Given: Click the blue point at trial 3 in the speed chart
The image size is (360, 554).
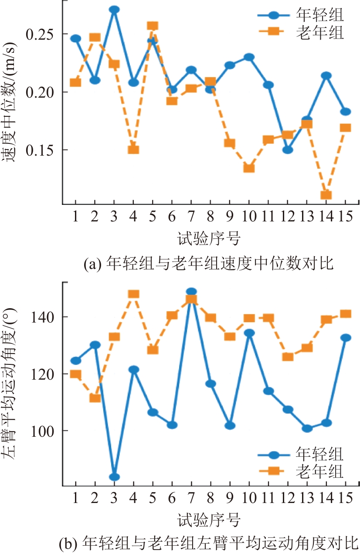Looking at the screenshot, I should pos(114,10).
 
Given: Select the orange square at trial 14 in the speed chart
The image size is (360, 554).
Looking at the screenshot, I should pos(326,195).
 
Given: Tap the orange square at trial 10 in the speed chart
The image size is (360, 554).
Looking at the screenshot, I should pos(249,168).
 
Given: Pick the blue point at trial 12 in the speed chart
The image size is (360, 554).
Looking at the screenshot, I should pos(288,150).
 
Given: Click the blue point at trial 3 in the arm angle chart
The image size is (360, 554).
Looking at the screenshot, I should pos(114,477).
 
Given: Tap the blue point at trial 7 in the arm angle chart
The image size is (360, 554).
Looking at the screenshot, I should pos(191,292).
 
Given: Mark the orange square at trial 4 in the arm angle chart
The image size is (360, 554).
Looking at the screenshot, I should pos(133,294).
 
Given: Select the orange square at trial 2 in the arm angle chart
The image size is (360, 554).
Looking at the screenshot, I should pos(95,398).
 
